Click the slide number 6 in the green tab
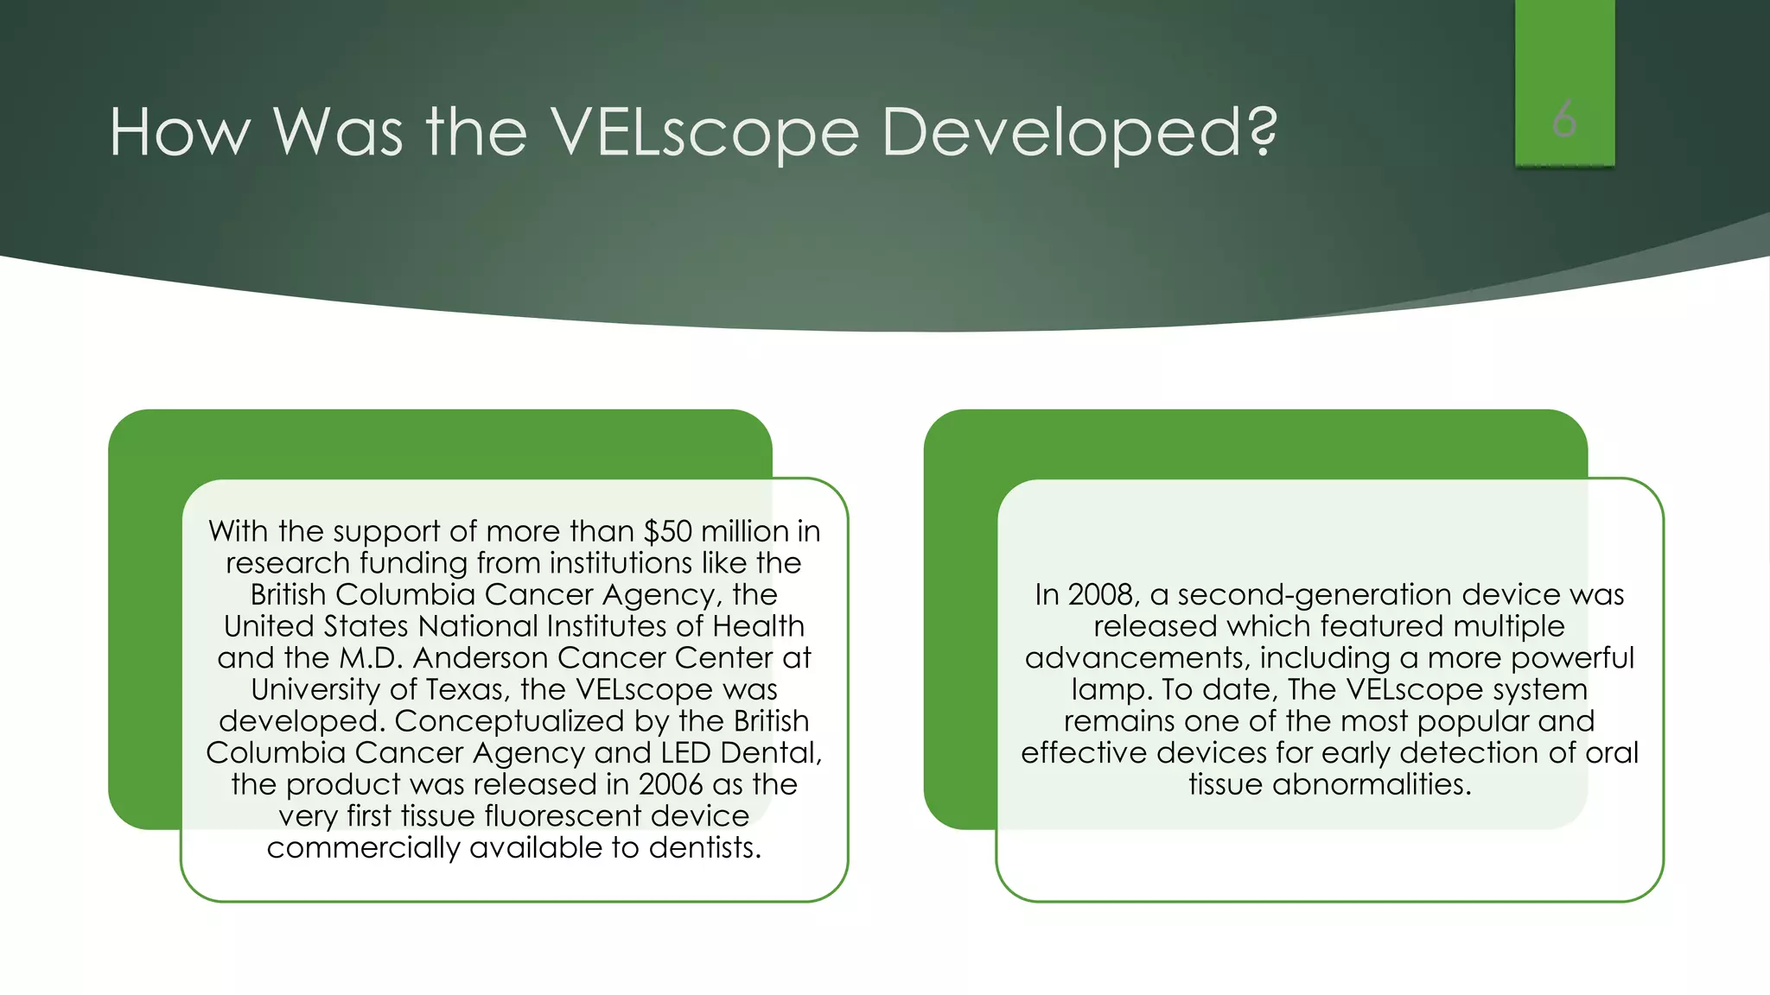1564,119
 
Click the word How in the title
180,133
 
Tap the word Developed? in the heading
1079,135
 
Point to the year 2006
671,784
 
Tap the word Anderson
481,658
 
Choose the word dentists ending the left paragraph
704,848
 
